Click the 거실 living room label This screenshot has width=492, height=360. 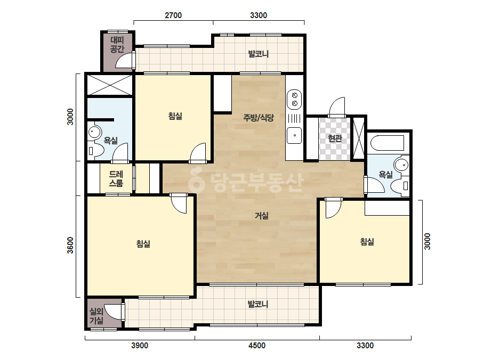click(261, 216)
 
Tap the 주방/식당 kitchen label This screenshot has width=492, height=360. click(259, 118)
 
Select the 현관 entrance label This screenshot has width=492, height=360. click(334, 138)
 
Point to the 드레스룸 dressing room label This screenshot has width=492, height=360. click(116, 179)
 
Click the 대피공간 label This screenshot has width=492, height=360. click(117, 45)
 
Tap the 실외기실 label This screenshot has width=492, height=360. click(96, 316)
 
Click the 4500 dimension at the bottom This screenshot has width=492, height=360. click(257, 346)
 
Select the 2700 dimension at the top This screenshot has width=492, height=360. click(173, 15)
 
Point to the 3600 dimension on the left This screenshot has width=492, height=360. click(70, 245)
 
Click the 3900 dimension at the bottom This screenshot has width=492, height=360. click(140, 346)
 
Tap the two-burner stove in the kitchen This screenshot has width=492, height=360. click(294, 99)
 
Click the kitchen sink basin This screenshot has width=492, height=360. click(294, 135)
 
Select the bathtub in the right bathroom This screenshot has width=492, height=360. click(387, 143)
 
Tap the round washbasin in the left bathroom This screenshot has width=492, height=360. click(94, 132)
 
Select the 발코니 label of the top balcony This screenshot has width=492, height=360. click(259, 54)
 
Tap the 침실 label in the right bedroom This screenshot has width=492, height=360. click(367, 241)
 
